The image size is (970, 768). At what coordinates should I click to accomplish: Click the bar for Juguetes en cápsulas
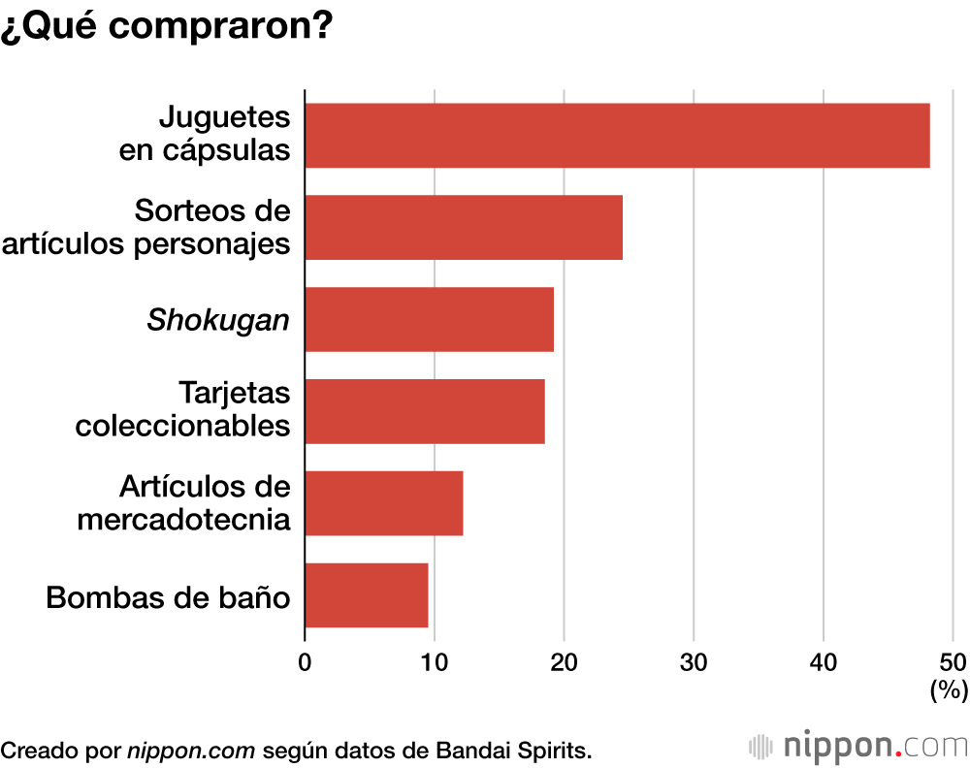click(x=617, y=136)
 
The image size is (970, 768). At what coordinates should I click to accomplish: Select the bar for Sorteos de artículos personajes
click(x=464, y=227)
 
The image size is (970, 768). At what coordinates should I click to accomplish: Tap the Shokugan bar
click(x=429, y=319)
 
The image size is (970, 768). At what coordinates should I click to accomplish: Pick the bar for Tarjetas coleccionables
click(x=425, y=411)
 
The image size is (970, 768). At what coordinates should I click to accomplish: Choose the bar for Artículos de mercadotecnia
click(x=384, y=502)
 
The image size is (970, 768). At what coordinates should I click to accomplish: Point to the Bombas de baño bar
click(x=367, y=594)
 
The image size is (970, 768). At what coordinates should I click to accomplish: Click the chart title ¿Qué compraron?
click(x=167, y=26)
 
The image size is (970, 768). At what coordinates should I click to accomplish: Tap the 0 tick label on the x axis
click(x=305, y=662)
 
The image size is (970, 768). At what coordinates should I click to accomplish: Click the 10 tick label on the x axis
click(x=434, y=662)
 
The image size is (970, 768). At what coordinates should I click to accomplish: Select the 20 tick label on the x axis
click(x=564, y=662)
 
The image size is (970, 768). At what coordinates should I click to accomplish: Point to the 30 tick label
click(x=693, y=662)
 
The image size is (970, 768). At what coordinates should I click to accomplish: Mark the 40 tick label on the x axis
click(x=823, y=662)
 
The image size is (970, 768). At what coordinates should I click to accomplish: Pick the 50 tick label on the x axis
click(x=952, y=662)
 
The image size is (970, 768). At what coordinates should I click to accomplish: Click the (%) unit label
click(x=949, y=690)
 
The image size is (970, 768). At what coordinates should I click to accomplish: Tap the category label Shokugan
click(x=218, y=320)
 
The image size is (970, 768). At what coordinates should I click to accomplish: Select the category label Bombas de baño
click(x=168, y=596)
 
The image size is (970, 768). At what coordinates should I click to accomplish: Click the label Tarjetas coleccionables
click(x=183, y=409)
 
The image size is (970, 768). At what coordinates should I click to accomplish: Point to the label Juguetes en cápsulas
click(x=205, y=134)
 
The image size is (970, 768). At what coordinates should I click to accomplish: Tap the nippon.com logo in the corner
click(x=858, y=747)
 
